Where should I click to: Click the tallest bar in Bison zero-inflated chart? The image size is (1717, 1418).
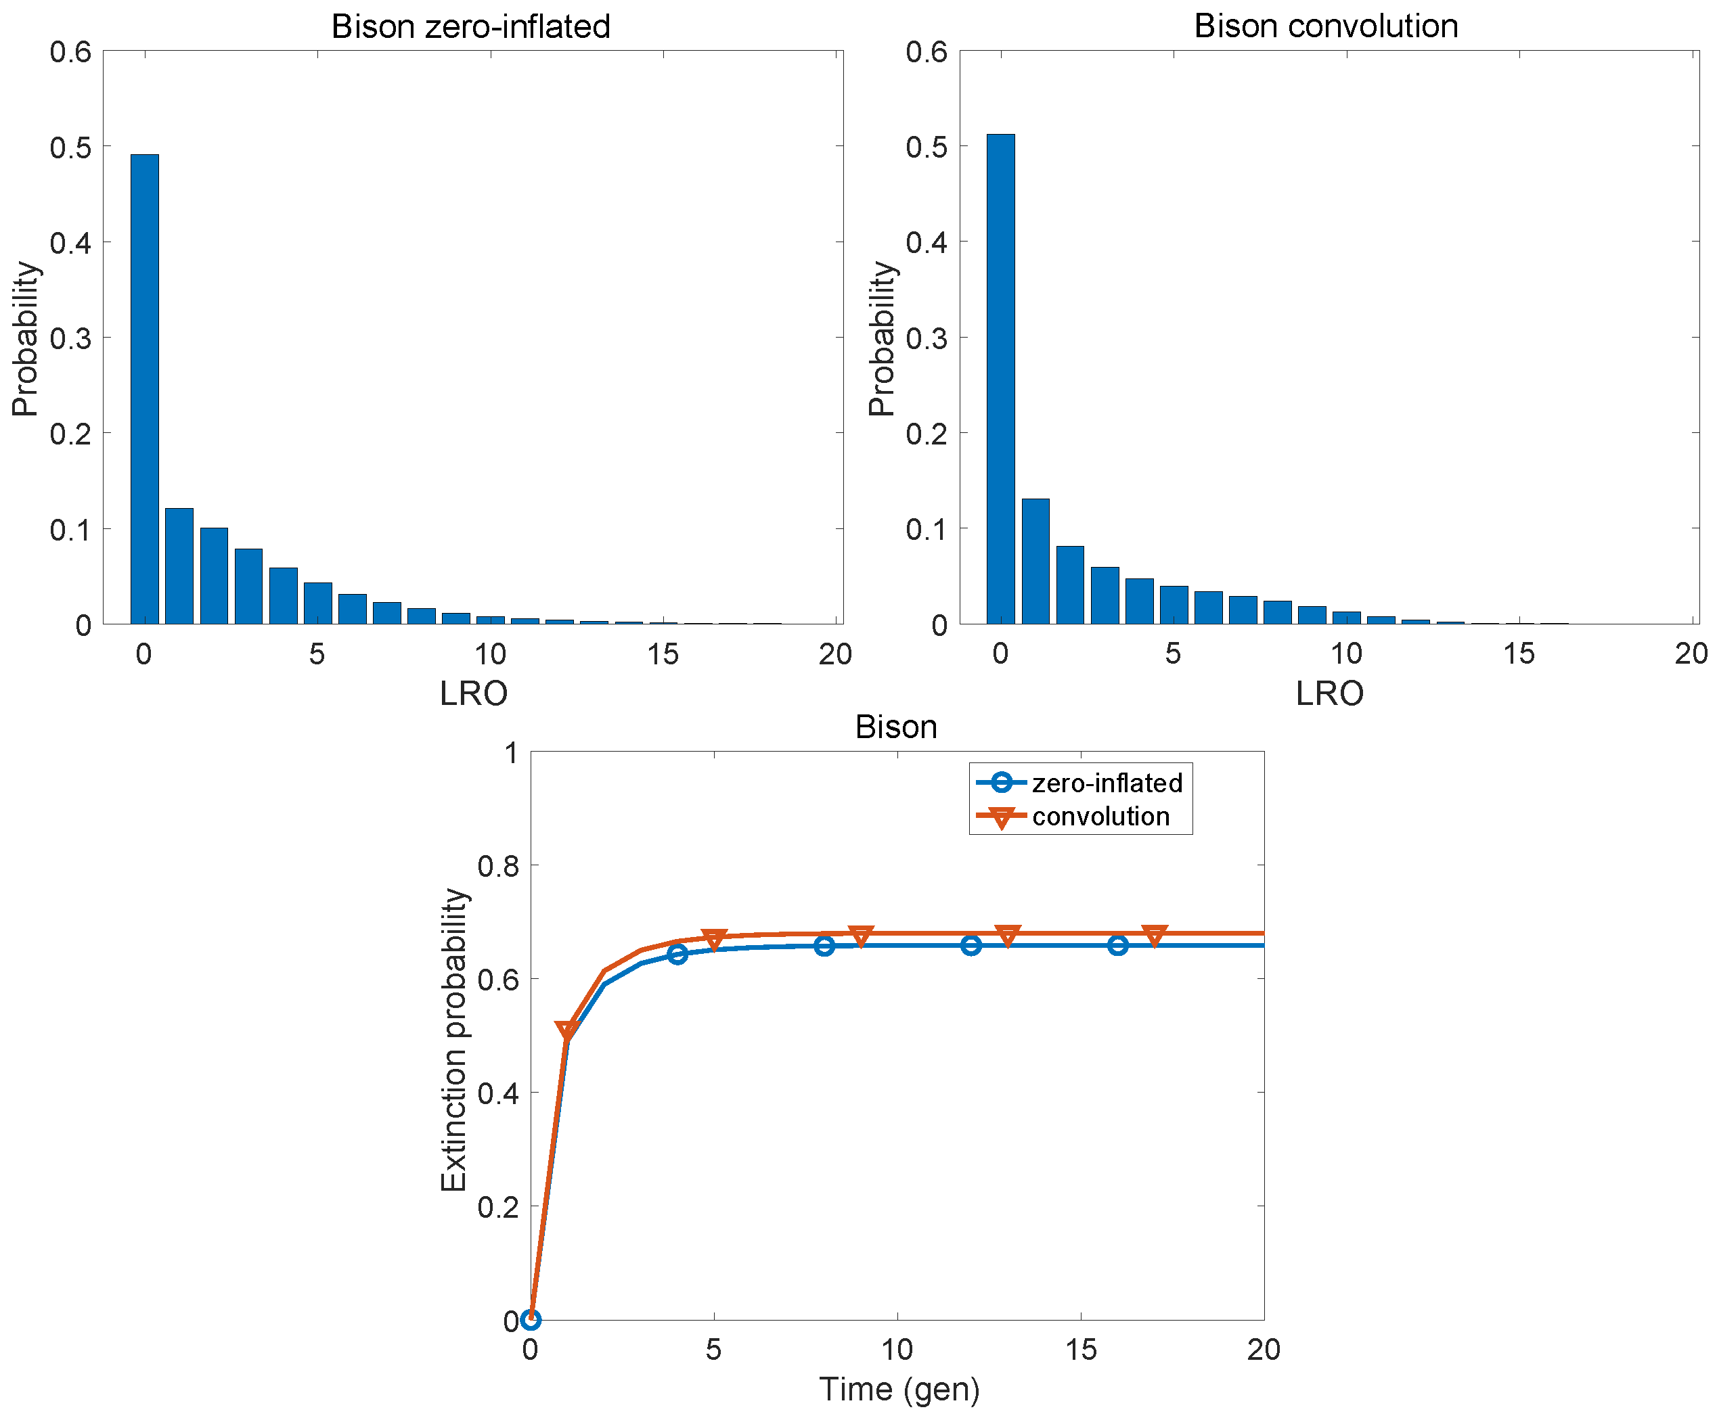click(145, 389)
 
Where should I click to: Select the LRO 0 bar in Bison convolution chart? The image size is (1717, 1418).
click(1000, 379)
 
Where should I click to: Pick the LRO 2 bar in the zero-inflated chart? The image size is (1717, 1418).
click(213, 576)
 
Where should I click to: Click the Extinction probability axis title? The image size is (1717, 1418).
click(453, 1040)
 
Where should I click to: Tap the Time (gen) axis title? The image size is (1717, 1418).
click(898, 1389)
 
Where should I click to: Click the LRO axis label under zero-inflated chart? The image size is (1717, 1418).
click(473, 693)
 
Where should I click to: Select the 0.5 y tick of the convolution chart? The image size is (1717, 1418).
click(925, 148)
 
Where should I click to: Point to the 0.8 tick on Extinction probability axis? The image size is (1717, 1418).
click(497, 866)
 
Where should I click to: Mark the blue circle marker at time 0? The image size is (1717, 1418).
click(531, 1319)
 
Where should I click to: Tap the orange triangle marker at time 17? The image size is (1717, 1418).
click(1153, 935)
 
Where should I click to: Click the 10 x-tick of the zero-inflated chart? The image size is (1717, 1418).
click(491, 654)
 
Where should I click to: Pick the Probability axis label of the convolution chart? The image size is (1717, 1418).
click(881, 338)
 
